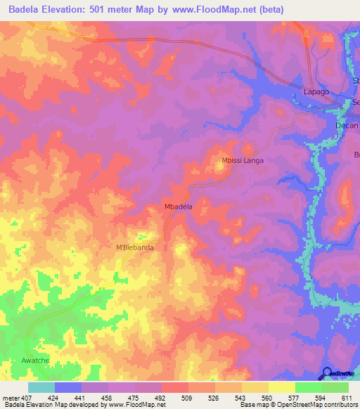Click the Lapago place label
(x=316, y=92)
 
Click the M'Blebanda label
(x=134, y=247)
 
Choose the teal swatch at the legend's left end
(x=41, y=387)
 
